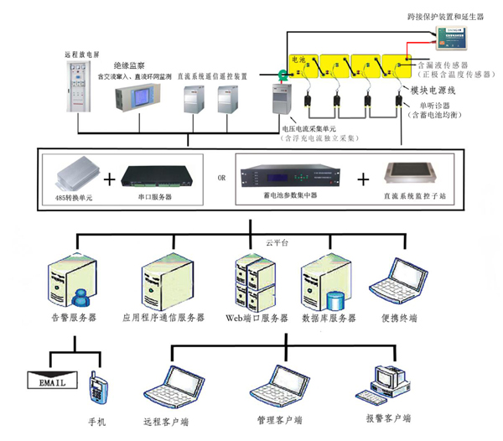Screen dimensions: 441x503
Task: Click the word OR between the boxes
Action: [221, 179]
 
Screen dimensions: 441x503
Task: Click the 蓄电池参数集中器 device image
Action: [290, 177]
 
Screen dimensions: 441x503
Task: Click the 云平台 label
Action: [277, 241]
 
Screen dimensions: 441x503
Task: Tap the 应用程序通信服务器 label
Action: [164, 319]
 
